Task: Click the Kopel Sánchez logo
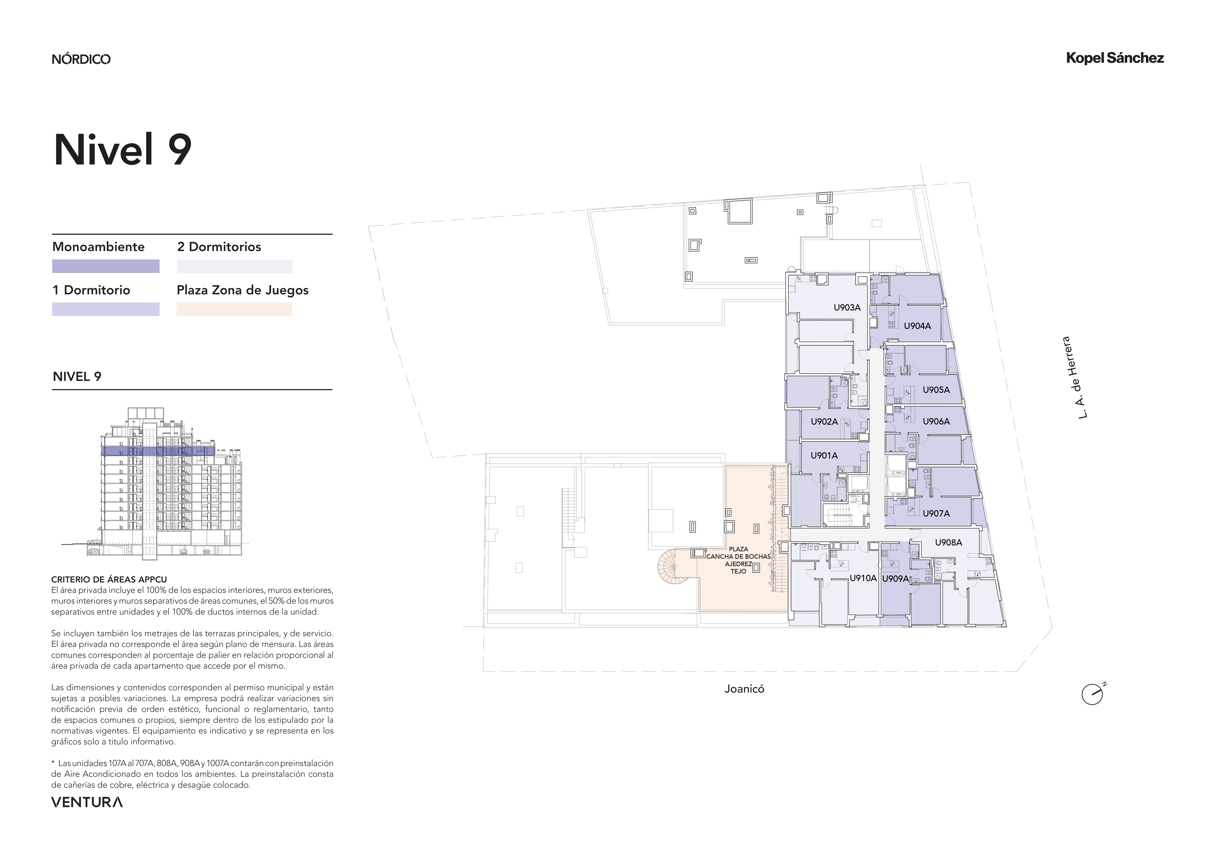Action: click(1115, 58)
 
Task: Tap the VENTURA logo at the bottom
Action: click(87, 802)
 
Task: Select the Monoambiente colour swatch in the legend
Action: click(106, 266)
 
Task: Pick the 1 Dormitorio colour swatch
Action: click(106, 309)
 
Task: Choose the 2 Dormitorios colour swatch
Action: click(235, 266)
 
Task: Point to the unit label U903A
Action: click(847, 308)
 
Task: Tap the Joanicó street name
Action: click(744, 689)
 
